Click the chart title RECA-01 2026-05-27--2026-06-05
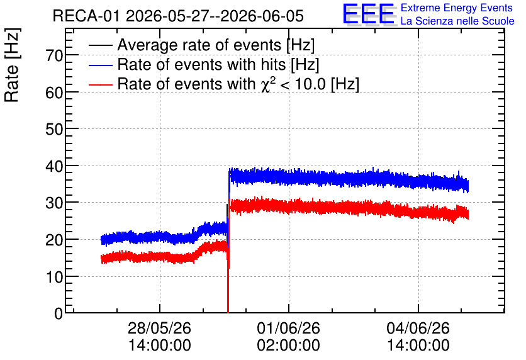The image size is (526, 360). [178, 16]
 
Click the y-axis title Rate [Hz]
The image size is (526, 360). [13, 65]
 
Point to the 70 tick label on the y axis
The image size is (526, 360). [54, 55]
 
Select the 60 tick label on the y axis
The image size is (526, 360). [54, 93]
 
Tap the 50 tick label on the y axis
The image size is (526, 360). [54, 129]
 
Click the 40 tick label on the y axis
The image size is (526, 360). [54, 166]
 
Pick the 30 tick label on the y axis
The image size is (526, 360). [54, 203]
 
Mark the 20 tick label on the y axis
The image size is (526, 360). [54, 240]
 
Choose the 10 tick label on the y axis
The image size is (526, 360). [54, 277]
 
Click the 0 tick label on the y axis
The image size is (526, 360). [59, 313]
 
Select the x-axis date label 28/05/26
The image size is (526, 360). [159, 328]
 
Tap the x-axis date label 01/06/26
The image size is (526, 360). [289, 328]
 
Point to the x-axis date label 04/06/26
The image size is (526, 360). [418, 328]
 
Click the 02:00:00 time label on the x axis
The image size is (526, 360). [289, 345]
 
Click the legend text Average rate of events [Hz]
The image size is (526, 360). [216, 45]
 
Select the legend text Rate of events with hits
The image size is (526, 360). [201, 64]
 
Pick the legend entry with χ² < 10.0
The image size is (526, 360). [238, 84]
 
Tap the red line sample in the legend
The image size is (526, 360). [100, 84]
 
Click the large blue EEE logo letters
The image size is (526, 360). [369, 14]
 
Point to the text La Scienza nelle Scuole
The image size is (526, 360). [457, 21]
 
